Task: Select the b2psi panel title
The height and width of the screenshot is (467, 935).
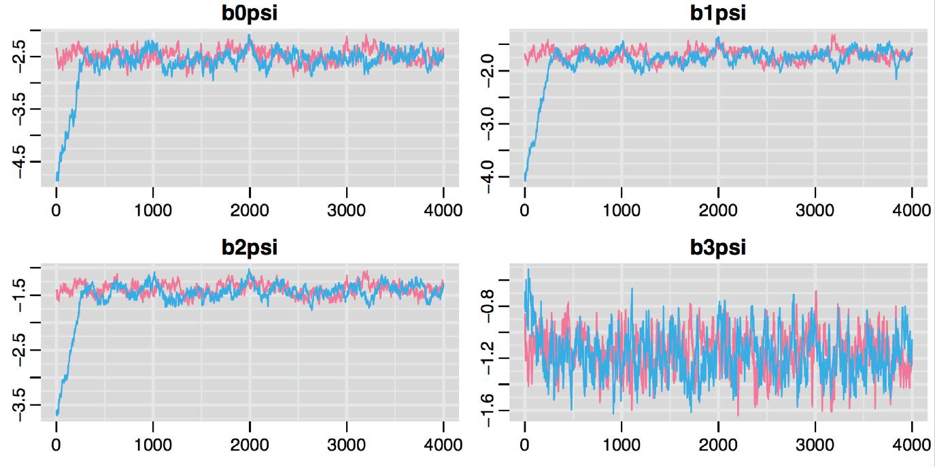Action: [x=250, y=247]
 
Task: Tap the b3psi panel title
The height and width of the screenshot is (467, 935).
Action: [x=719, y=247]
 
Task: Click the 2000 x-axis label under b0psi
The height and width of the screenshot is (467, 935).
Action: [x=250, y=210]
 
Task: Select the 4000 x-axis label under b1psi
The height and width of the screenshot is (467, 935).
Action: [x=911, y=210]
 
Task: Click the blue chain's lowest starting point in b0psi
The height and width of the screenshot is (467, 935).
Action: [x=58, y=180]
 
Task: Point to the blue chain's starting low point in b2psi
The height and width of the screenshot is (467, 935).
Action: [x=58, y=414]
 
